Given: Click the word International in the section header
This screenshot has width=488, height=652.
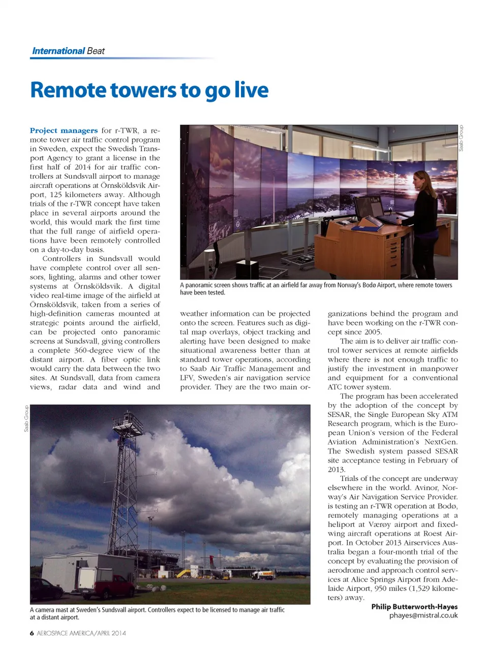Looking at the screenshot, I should pyautogui.click(x=58, y=51).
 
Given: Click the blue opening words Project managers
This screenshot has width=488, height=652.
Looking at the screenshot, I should pyautogui.click(x=64, y=131).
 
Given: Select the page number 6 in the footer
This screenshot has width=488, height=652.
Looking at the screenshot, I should pyautogui.click(x=32, y=633).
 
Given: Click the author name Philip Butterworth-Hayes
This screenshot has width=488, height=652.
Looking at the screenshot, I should pyautogui.click(x=414, y=606).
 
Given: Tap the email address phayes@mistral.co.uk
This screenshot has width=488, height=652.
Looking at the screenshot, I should pyautogui.click(x=423, y=615).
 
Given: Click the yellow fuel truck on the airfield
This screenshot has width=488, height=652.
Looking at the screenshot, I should pyautogui.click(x=263, y=575).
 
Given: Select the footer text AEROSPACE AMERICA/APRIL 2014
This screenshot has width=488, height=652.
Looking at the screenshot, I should pyautogui.click(x=81, y=633).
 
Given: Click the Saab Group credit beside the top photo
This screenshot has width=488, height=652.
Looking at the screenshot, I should pyautogui.click(x=462, y=138).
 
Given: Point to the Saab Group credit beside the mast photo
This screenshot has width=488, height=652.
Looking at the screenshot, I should pyautogui.click(x=26, y=418).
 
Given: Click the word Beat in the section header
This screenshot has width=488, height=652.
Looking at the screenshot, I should pyautogui.click(x=96, y=51).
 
